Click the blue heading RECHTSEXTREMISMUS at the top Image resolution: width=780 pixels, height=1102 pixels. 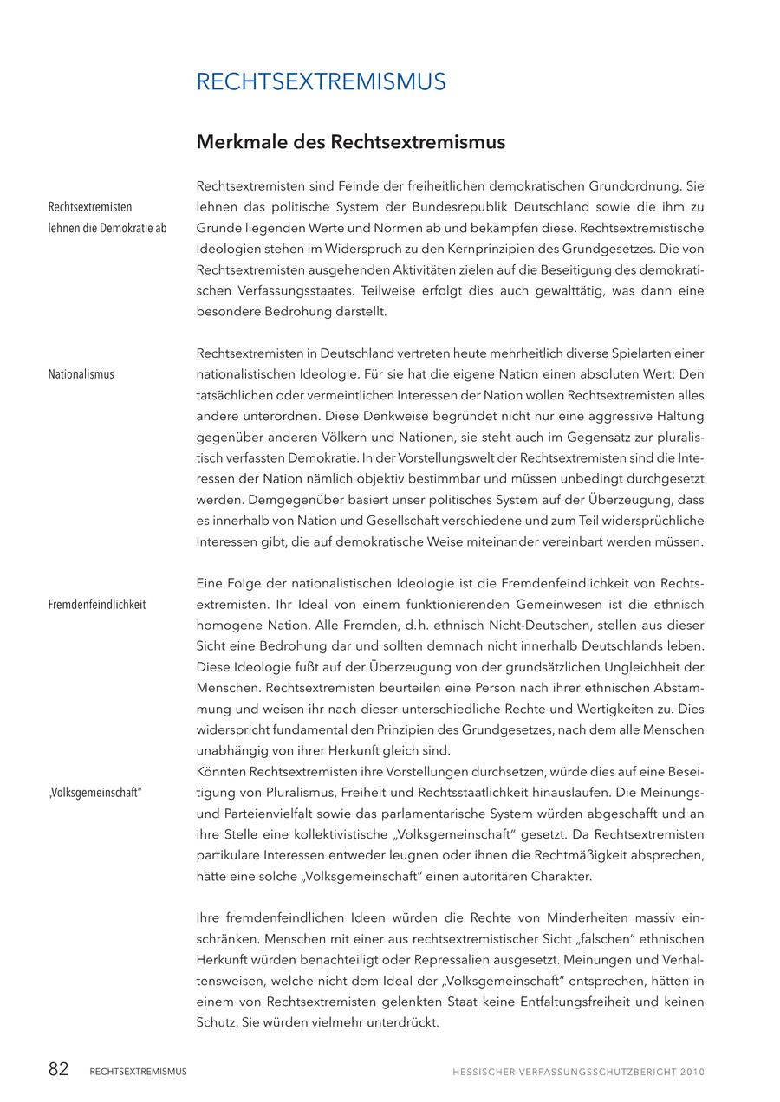321,82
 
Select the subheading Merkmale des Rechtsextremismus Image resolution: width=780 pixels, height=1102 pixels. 350,141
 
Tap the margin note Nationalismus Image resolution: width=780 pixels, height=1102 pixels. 81,374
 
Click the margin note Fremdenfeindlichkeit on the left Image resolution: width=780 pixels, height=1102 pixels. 96,605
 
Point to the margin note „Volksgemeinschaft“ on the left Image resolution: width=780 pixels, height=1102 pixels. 94,793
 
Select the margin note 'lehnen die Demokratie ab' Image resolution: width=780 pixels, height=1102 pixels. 107,228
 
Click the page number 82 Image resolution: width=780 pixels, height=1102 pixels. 58,1070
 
